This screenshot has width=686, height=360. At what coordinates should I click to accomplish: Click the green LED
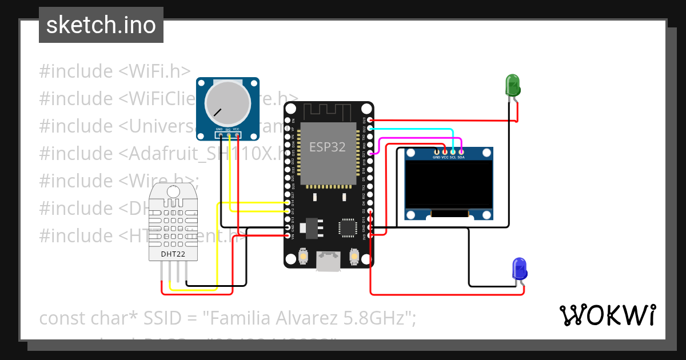512,86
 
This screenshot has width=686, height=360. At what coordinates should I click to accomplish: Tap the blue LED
519,269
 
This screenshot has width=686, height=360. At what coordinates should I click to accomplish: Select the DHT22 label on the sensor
172,254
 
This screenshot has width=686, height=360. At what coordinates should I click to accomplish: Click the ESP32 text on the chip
328,147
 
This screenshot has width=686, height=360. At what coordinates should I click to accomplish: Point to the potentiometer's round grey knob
228,103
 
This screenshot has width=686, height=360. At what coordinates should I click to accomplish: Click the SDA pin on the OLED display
461,151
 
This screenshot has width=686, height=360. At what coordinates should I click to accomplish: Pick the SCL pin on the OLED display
453,151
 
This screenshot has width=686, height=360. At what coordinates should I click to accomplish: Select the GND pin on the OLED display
437,151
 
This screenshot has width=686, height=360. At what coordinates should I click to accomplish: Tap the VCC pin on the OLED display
445,151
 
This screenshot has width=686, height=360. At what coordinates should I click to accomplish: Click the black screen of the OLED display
449,184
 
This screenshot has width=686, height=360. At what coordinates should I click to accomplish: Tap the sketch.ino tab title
101,25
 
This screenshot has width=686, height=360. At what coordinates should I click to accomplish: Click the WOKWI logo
607,315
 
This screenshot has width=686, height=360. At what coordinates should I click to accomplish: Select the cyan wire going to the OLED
412,130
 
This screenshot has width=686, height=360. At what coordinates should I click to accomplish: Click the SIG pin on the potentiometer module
228,135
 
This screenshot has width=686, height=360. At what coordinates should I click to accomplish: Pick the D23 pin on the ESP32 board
370,121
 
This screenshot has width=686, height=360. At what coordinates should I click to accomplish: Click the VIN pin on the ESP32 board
288,235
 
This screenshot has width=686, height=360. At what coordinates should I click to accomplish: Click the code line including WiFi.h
114,71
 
